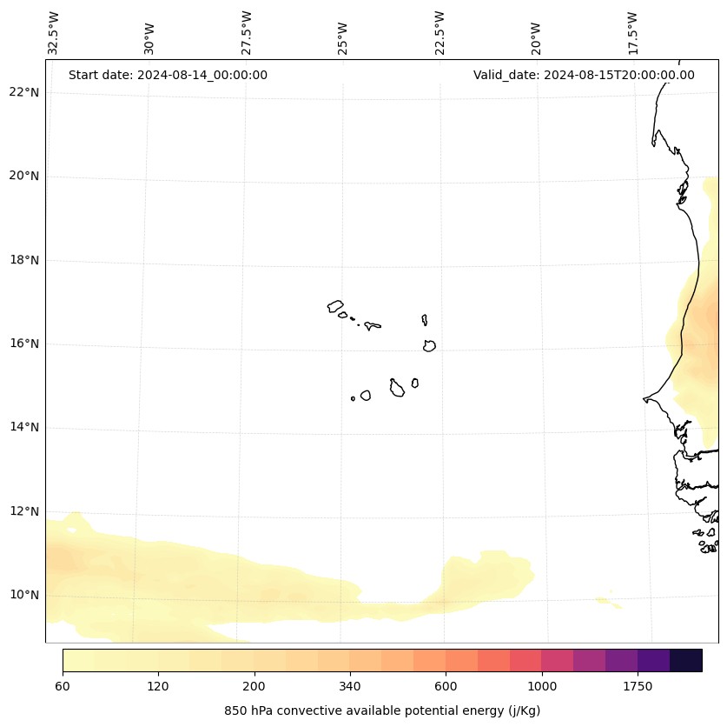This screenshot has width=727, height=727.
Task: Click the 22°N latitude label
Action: pos(24,93)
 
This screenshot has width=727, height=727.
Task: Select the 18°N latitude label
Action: pos(24,260)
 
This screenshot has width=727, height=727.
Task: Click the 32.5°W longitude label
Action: pos(54,33)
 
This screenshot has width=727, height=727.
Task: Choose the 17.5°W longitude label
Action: pos(632,33)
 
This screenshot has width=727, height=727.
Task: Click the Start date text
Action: pos(168,75)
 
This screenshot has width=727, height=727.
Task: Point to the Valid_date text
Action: pos(584,75)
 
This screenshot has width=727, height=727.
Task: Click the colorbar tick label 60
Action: pos(63,687)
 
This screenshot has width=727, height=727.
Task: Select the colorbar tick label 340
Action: pos(350,687)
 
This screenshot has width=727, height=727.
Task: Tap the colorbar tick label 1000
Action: pos(542,687)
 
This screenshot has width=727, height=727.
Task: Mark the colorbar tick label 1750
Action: pos(638,687)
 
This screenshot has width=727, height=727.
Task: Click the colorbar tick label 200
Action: pos(254,687)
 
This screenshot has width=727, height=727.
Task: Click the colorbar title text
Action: pos(382,710)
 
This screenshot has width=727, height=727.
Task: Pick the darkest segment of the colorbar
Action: pos(686,661)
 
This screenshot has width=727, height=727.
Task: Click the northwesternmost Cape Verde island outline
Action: pos(335,306)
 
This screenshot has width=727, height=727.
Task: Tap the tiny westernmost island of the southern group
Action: pos(353,399)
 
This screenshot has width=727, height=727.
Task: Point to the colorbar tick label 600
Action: pos(446,687)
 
